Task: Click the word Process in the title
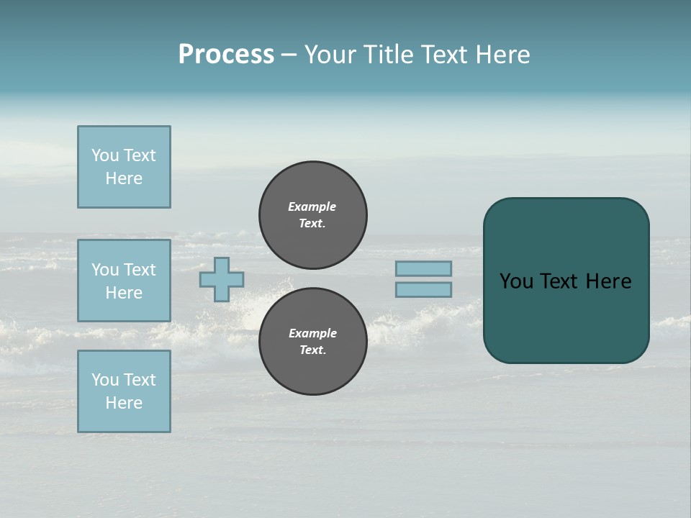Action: (226, 55)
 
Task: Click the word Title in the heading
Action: (387, 55)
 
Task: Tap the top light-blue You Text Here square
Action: (124, 167)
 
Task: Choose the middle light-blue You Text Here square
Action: (124, 281)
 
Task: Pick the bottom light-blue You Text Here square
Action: (124, 391)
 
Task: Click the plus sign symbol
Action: (222, 279)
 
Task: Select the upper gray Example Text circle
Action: (312, 215)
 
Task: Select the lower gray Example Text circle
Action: (312, 342)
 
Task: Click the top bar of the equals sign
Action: (423, 268)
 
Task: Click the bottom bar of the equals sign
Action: (423, 289)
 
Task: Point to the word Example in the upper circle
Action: (312, 206)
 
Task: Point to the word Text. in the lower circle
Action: (312, 350)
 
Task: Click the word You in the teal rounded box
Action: (516, 281)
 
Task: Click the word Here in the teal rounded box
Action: (608, 281)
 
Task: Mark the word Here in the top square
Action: (124, 178)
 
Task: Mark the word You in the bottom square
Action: (105, 380)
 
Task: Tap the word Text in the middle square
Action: (140, 270)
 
